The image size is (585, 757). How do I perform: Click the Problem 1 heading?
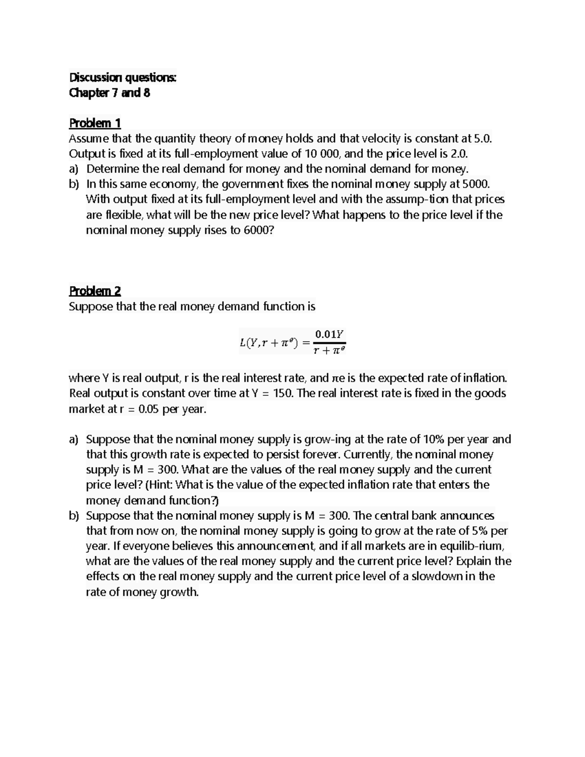[95, 123]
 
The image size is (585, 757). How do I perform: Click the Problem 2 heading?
[95, 291]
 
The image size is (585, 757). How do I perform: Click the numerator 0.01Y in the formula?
[330, 334]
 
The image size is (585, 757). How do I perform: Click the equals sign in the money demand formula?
[306, 342]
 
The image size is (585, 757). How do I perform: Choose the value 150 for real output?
[282, 393]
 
